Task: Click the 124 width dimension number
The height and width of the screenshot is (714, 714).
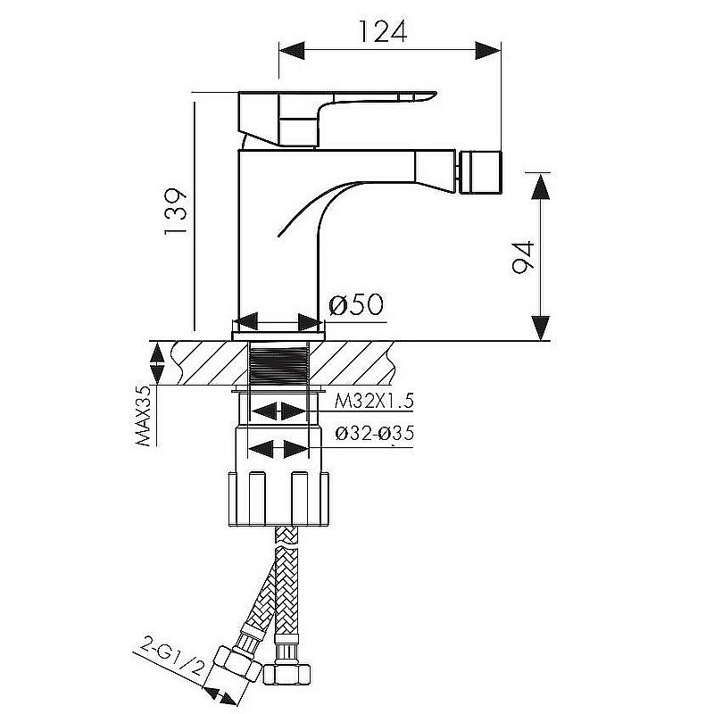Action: pos(383,31)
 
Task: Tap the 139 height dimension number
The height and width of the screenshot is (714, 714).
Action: pos(176,211)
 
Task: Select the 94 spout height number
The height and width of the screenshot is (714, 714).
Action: pos(522,257)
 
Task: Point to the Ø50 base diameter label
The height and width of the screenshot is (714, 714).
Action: pos(356,304)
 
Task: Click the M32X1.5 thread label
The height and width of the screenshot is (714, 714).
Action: pos(374,401)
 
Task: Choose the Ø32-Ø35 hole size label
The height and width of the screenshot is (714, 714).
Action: pos(375,433)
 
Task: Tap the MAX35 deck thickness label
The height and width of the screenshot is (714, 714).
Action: pos(144,415)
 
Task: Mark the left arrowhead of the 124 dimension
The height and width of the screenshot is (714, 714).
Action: pos(292,50)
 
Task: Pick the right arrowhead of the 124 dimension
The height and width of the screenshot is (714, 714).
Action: pos(488,50)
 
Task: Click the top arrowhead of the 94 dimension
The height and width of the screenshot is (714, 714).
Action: pos(541,187)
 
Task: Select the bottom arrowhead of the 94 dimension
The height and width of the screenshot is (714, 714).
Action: pos(541,328)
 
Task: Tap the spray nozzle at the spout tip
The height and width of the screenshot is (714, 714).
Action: pos(480,173)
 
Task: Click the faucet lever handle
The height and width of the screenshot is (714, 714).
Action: pos(337,119)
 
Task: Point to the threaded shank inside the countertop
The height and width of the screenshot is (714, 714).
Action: pos(279,364)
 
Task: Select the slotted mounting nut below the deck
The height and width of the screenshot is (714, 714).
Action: pos(278,499)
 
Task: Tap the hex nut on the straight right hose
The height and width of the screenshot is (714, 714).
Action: pos(287,674)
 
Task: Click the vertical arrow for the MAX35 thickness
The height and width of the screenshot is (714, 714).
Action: pos(157,364)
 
